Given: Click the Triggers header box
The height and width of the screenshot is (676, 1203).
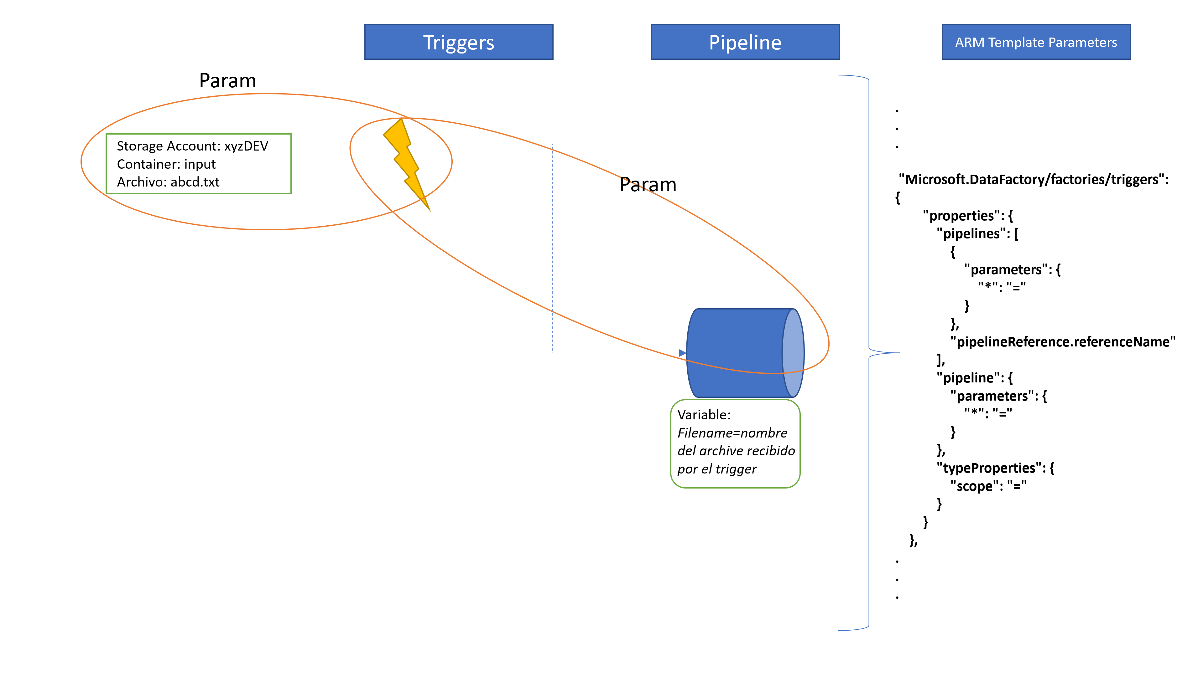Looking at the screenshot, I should click(x=459, y=42).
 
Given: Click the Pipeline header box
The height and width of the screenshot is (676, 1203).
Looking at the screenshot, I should click(x=745, y=42).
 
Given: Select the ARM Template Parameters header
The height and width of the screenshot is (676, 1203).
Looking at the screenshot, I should click(x=1036, y=42).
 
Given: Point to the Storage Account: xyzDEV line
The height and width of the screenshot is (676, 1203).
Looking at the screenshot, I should click(x=192, y=146).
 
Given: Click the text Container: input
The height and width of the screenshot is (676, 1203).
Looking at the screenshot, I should click(x=166, y=164).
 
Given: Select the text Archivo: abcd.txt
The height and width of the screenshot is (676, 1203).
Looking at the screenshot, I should click(x=168, y=182).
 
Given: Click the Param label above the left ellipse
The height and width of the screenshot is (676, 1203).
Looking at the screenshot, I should click(x=227, y=81).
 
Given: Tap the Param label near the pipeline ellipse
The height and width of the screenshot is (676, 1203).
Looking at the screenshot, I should click(x=648, y=185).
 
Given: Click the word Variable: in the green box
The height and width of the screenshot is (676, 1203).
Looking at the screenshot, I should click(x=704, y=415).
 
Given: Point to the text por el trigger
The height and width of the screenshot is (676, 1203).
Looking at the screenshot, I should click(x=717, y=469).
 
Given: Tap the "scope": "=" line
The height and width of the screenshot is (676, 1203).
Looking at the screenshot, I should click(x=988, y=486).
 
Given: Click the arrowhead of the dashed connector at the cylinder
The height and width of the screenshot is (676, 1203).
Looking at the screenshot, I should click(x=683, y=353).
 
